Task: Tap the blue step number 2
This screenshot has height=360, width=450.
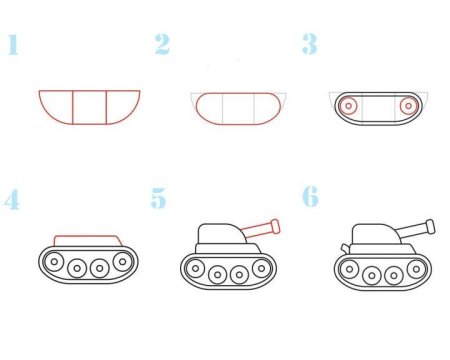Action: (162, 45)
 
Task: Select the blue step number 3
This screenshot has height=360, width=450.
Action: (310, 45)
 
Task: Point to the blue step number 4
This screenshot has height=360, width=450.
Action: (12, 200)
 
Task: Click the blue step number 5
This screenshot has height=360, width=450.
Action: (159, 199)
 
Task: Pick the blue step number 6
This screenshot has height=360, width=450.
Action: (310, 197)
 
